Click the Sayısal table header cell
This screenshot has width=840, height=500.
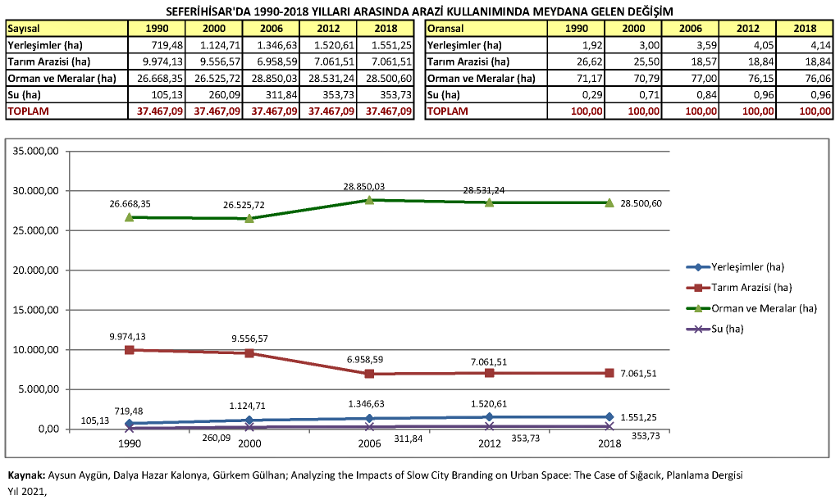tap(66, 29)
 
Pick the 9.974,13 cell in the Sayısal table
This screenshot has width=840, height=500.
tap(157, 61)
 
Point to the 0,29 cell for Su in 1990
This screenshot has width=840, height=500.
tap(578, 94)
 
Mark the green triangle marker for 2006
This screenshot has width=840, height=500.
tap(369, 200)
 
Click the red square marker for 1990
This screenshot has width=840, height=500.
tap(129, 350)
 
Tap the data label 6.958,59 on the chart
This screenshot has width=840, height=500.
tap(369, 360)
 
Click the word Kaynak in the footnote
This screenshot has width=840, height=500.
tap(25, 475)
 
